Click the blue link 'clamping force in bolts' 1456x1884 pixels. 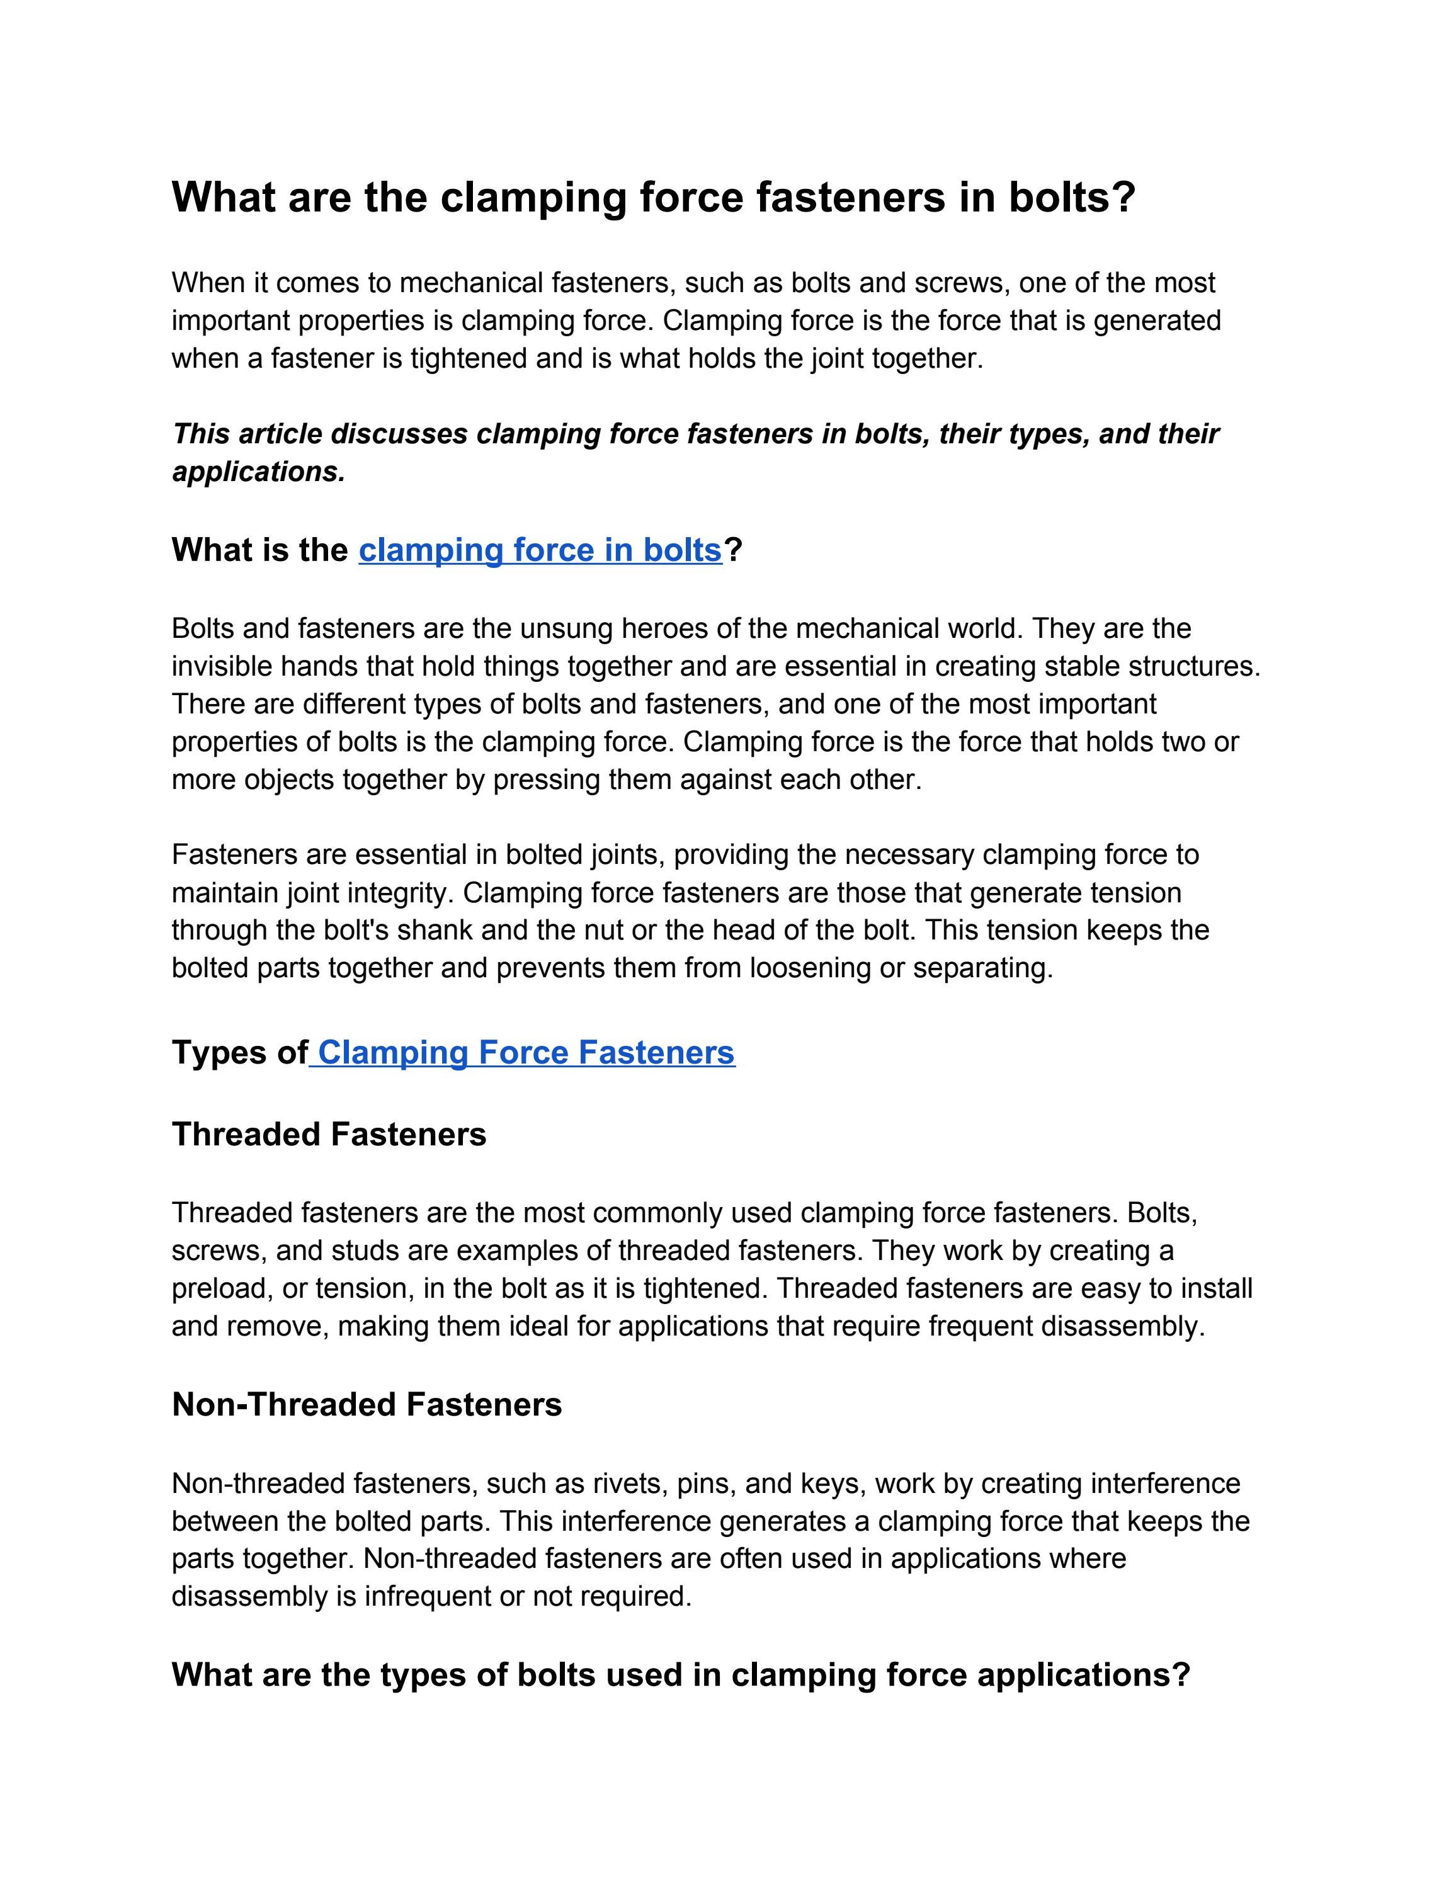tap(540, 550)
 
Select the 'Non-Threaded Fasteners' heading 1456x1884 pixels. tap(367, 1404)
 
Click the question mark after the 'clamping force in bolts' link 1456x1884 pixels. tap(733, 550)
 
